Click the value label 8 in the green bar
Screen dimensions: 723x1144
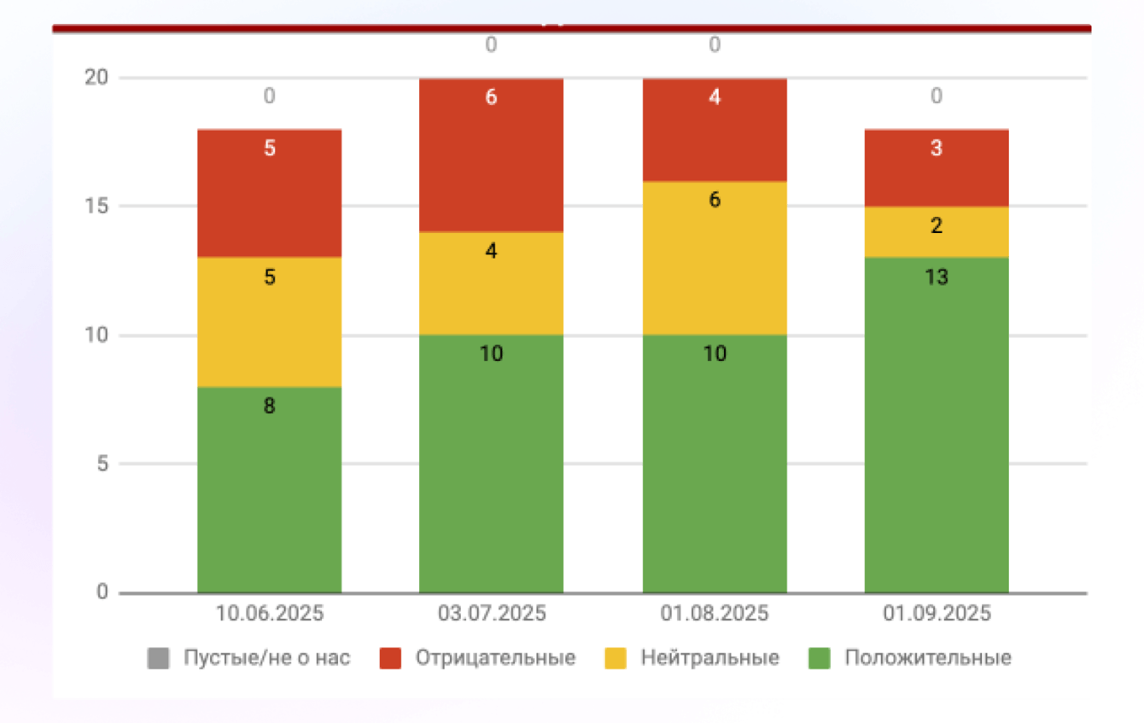coord(269,406)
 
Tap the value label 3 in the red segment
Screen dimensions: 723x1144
coord(937,149)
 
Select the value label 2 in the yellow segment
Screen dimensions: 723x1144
coord(937,226)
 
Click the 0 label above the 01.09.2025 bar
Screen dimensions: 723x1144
coord(937,96)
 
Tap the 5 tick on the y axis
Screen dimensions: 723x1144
coord(102,464)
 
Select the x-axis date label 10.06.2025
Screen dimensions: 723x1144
coord(270,614)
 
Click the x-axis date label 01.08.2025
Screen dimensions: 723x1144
coord(715,614)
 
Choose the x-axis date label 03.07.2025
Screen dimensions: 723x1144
coord(492,614)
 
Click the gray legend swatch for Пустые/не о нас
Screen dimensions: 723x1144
coord(158,658)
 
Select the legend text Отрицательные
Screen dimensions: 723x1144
coord(495,658)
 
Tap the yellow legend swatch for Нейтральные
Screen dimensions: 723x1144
coord(615,658)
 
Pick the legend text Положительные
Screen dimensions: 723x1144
coord(928,658)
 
